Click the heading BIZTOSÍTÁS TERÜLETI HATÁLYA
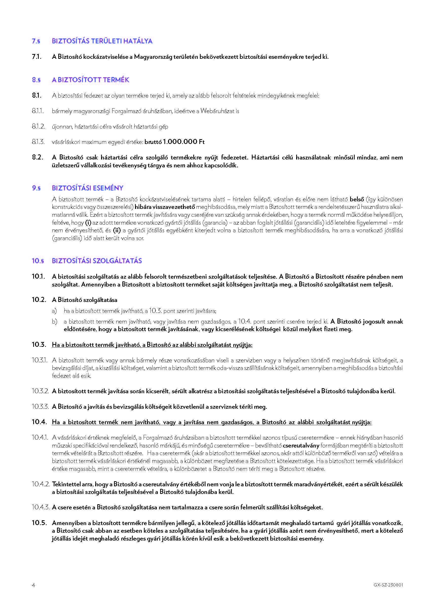(x=102, y=41)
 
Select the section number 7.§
(x=36, y=41)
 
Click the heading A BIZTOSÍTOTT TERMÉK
(x=90, y=80)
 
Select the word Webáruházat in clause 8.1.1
(x=217, y=111)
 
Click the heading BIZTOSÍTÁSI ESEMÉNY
(x=88, y=188)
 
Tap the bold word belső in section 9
(x=357, y=200)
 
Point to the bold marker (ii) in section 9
(x=117, y=230)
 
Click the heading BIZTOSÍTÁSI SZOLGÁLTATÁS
(x=97, y=261)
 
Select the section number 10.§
(x=38, y=261)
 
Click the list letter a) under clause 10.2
(x=54, y=311)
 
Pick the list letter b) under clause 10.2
(x=54, y=322)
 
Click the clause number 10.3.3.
(x=40, y=407)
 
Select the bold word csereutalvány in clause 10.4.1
(x=301, y=445)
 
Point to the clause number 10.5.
(x=39, y=523)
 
